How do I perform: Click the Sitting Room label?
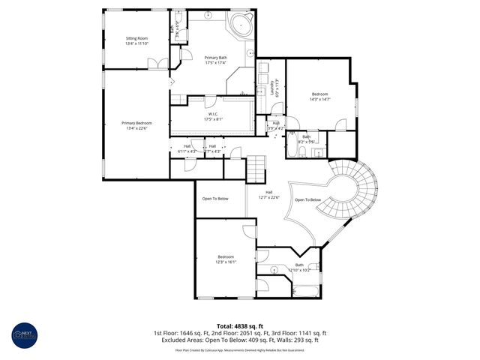click(x=136, y=37)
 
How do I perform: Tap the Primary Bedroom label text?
click(x=137, y=122)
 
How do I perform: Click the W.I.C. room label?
click(x=214, y=113)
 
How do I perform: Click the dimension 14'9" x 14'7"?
click(x=320, y=99)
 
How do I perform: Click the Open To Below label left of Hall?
click(x=216, y=199)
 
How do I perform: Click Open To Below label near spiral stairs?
click(x=307, y=200)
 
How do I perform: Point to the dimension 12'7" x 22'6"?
click(x=268, y=198)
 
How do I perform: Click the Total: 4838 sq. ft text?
click(x=240, y=325)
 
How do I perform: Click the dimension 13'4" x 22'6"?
click(x=137, y=128)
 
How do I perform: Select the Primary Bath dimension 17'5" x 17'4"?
click(x=216, y=63)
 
